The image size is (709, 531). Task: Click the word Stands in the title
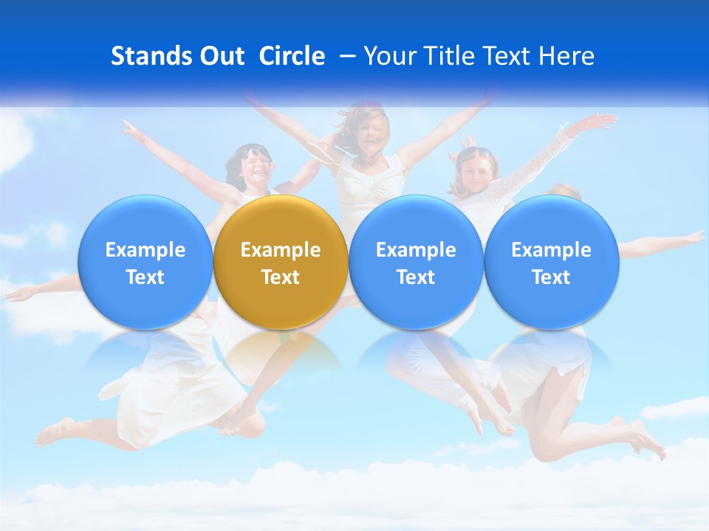point(152,56)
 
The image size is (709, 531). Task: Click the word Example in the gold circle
point(281,250)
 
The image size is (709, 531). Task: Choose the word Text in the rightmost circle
point(551,277)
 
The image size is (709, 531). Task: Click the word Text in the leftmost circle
point(145,277)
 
